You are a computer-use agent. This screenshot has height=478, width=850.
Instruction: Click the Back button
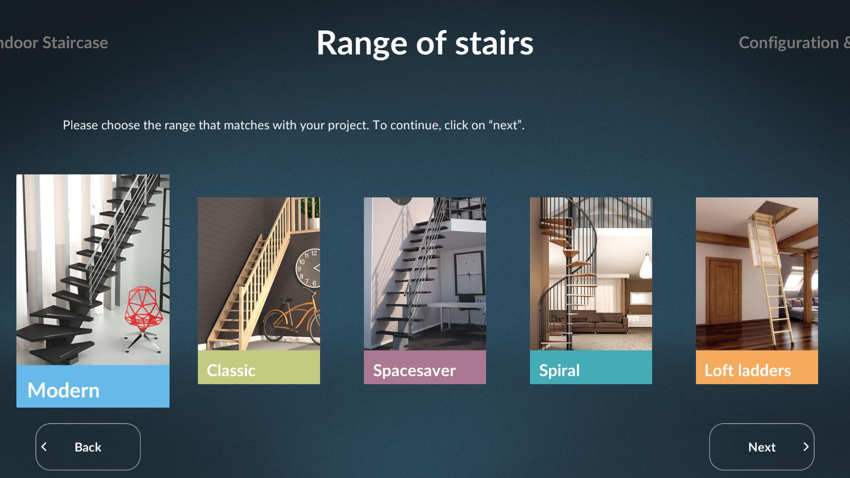pos(88,447)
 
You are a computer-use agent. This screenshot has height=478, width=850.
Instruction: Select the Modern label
pos(63,390)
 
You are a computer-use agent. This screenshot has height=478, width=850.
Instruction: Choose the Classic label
pos(231,370)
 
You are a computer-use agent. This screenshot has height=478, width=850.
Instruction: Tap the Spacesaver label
pos(414,370)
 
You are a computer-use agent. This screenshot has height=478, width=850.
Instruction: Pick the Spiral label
pos(559,370)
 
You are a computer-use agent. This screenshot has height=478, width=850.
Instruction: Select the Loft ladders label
pos(748,370)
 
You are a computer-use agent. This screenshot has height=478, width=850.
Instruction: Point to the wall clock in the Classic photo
pos(308,268)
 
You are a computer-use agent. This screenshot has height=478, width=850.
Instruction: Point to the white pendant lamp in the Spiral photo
pos(646,266)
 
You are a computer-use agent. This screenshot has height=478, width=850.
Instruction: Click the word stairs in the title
pos(494,43)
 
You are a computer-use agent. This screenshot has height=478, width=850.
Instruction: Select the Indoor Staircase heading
pos(54,42)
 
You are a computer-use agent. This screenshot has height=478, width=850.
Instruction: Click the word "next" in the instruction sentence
pos(505,125)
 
